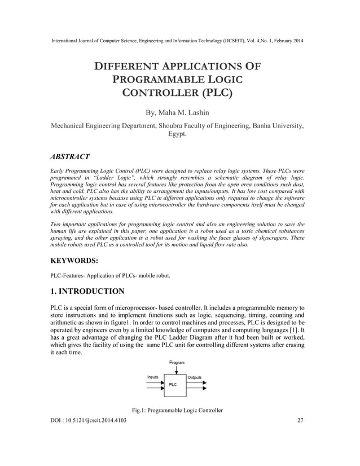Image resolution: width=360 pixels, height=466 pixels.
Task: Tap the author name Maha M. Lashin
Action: click(191, 112)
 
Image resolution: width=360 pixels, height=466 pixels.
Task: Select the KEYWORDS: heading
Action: click(76, 261)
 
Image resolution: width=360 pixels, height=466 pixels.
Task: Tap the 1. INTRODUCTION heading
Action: click(87, 292)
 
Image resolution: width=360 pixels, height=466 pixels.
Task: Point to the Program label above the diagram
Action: click(177, 362)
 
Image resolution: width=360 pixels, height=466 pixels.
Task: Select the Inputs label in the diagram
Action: click(153, 376)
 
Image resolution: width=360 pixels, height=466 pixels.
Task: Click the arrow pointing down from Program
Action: click(177, 369)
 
